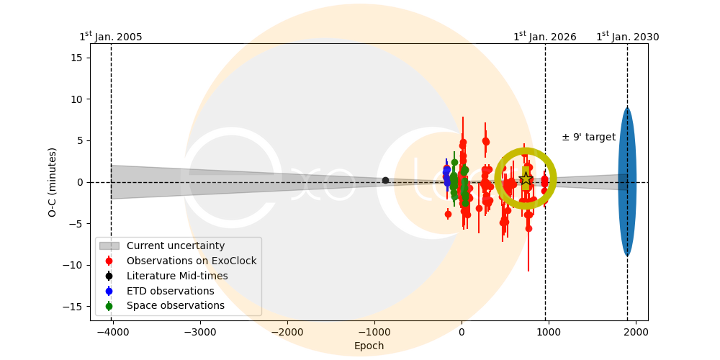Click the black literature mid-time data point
point(385,180)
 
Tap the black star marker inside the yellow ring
point(526,179)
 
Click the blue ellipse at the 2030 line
point(627,182)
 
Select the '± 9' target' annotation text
point(588,138)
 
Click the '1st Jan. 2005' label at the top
point(110,37)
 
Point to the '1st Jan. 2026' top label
point(544,37)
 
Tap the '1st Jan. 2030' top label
point(627,37)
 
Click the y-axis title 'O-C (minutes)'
point(53,182)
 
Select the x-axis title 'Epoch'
point(369,346)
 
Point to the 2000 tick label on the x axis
point(636,332)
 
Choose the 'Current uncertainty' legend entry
point(176,246)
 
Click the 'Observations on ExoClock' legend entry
point(192,261)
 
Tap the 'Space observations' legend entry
point(175,306)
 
